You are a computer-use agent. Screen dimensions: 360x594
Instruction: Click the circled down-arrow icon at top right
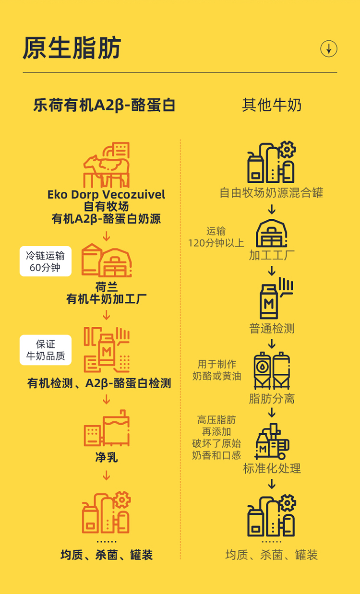(x=329, y=48)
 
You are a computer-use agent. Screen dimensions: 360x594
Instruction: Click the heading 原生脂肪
(x=72, y=48)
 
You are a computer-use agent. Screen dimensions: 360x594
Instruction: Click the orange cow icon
(x=106, y=166)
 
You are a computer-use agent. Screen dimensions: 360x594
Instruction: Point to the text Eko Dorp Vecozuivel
(x=106, y=194)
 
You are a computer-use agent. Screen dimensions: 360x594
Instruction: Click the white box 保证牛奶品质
(x=46, y=350)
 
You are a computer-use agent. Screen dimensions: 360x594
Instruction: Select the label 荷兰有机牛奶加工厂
(x=107, y=293)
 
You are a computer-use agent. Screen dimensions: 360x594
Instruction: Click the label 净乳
(x=107, y=457)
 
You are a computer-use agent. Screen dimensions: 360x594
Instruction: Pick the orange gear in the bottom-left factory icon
(x=122, y=500)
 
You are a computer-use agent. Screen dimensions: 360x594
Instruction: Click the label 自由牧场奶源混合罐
(x=272, y=193)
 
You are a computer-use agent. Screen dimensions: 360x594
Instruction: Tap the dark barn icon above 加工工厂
(x=272, y=234)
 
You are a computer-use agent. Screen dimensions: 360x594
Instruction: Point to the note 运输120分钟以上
(x=216, y=237)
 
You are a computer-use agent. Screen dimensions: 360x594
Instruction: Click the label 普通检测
(x=272, y=329)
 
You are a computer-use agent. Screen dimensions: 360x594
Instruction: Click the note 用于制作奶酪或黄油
(x=217, y=370)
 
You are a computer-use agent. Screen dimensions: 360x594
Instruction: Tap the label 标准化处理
(x=272, y=468)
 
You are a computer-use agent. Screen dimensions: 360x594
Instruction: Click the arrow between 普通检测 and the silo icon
(x=272, y=344)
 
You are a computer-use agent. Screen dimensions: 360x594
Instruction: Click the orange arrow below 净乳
(x=107, y=475)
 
